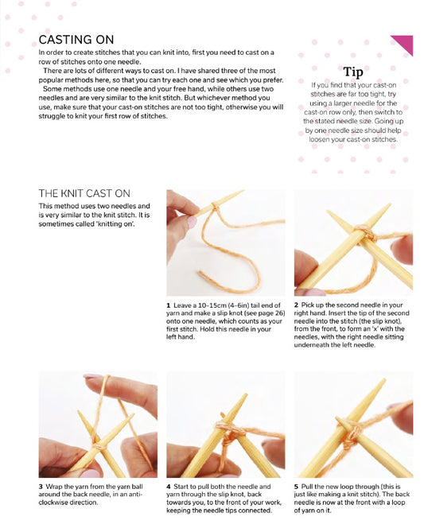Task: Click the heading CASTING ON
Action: coord(76,40)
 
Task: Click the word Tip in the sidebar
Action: coord(353,72)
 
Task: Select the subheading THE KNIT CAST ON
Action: coord(84,193)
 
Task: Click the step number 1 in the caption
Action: coord(168,305)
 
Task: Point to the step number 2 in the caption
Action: coord(296,305)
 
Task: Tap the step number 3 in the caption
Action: coord(41,487)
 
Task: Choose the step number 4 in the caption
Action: coord(169,487)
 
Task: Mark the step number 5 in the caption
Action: coord(297,487)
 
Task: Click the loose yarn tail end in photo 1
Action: coord(200,272)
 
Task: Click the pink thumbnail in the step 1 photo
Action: coord(192,222)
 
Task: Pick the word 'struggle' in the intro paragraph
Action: coord(51,116)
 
